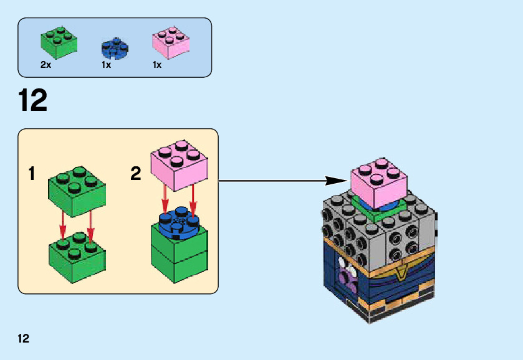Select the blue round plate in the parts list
coord(114,49)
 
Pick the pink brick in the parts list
coord(170,41)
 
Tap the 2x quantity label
coord(46,65)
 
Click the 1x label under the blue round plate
coord(106,65)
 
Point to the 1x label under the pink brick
coord(157,65)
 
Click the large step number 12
coord(32,100)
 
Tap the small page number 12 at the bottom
coord(24,339)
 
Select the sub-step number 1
coord(32,174)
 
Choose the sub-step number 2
coord(136,174)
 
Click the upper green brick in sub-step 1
coord(77,189)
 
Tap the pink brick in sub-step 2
coord(180,164)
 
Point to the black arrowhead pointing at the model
coord(337,181)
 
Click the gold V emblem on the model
coord(403,271)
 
